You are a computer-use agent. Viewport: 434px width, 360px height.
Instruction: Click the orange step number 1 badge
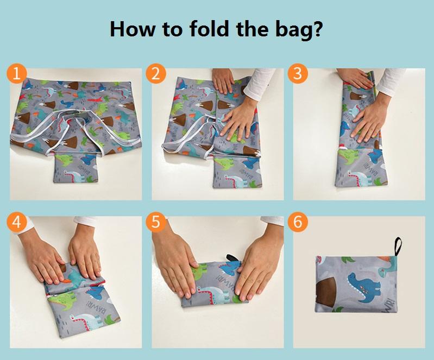17,74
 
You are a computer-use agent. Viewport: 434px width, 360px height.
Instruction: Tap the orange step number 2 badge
156,74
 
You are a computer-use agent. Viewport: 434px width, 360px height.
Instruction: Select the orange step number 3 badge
298,74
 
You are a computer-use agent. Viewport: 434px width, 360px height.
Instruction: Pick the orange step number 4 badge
17,222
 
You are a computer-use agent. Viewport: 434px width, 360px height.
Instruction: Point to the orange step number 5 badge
156,222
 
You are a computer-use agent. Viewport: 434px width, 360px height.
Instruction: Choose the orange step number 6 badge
298,222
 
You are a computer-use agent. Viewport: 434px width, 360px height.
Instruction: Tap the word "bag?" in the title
299,30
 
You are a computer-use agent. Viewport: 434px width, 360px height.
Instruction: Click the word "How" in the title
133,28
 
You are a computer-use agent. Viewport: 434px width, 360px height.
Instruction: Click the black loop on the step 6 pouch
398,247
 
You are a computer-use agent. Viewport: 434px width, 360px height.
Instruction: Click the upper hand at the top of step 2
223,80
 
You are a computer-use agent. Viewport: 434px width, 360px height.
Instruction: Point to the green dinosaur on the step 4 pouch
64,301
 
